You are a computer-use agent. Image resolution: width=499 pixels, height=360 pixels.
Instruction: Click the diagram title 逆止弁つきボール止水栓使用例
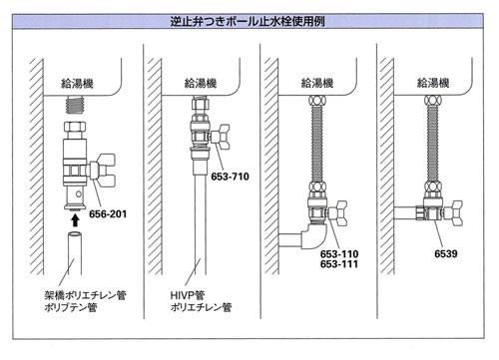pyautogui.click(x=248, y=22)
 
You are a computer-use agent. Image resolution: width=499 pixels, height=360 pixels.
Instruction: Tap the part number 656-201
pyautogui.click(x=108, y=214)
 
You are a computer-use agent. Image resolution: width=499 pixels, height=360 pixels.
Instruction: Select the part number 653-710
pyautogui.click(x=230, y=177)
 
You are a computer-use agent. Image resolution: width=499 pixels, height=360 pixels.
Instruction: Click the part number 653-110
pyautogui.click(x=339, y=254)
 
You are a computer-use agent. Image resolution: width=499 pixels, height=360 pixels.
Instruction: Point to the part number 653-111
pyautogui.click(x=339, y=264)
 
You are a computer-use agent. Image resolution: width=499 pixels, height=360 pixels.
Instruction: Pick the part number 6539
pyautogui.click(x=446, y=254)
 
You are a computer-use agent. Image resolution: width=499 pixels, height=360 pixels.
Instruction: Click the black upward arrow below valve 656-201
pyautogui.click(x=76, y=219)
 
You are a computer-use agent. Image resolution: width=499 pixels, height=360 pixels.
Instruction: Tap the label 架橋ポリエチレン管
pyautogui.click(x=86, y=295)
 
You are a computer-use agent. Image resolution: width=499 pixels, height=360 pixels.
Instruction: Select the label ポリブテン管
pyautogui.click(x=71, y=307)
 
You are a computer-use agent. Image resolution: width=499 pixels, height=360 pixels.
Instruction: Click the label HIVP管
pyautogui.click(x=188, y=295)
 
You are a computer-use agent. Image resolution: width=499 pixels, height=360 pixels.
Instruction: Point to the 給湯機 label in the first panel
pyautogui.click(x=77, y=83)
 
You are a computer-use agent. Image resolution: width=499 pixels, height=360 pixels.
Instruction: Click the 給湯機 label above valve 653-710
pyautogui.click(x=201, y=83)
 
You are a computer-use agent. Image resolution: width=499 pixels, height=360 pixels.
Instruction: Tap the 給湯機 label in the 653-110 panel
pyautogui.click(x=317, y=83)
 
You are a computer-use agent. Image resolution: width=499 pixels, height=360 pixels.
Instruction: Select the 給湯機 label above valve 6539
pyautogui.click(x=433, y=83)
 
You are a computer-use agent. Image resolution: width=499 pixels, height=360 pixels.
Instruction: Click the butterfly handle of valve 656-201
pyautogui.click(x=105, y=171)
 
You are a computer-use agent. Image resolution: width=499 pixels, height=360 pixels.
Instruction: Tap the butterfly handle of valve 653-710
pyautogui.click(x=221, y=137)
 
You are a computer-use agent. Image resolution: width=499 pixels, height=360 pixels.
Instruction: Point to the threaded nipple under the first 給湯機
pyautogui.click(x=76, y=104)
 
